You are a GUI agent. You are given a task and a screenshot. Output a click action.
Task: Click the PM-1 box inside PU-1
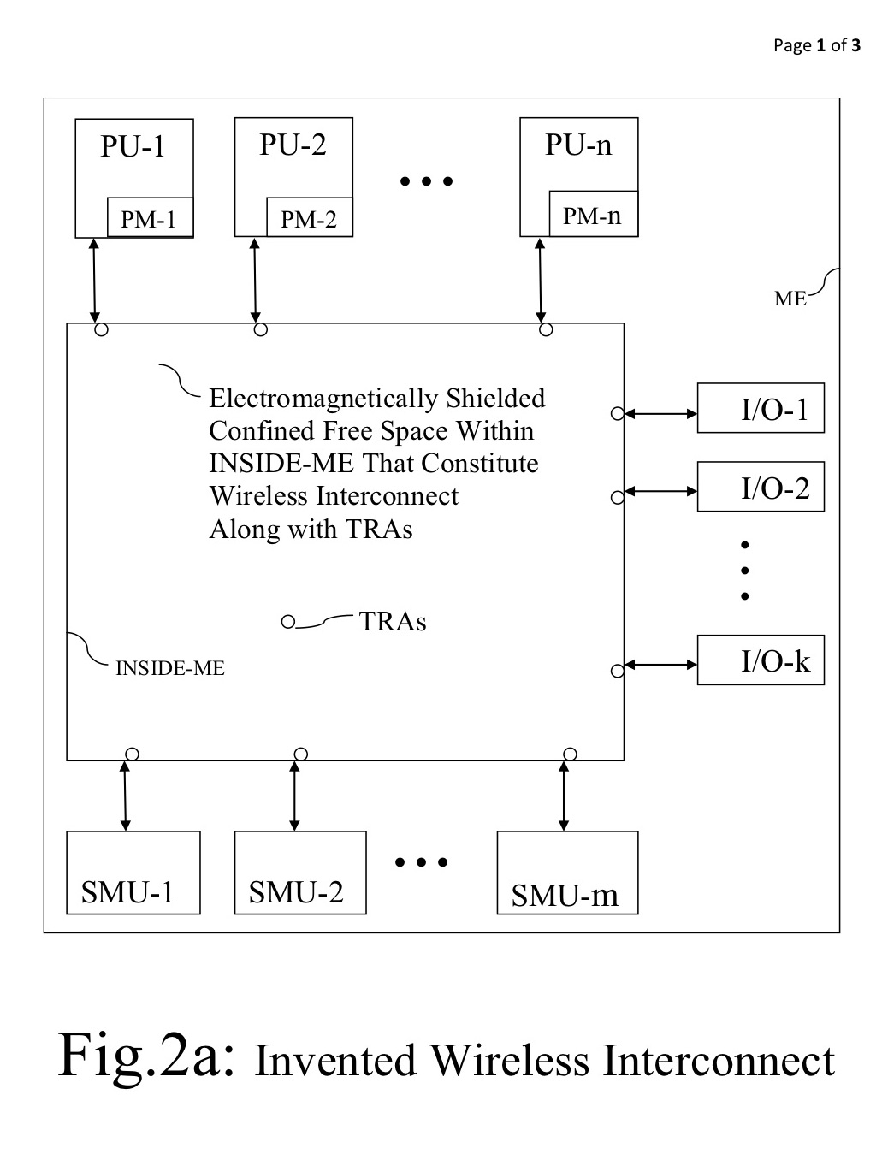click(x=150, y=218)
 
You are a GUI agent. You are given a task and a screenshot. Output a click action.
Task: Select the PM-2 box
click(x=309, y=218)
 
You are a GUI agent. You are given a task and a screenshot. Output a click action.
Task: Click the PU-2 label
click(x=293, y=145)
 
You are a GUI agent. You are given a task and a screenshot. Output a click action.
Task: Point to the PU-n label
click(x=578, y=145)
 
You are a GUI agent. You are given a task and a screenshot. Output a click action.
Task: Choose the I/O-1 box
click(x=761, y=408)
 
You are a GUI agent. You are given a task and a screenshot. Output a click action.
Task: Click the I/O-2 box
click(x=761, y=487)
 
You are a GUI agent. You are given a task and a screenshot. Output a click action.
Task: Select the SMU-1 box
click(x=133, y=873)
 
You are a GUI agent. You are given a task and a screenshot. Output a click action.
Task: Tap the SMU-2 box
click(x=300, y=873)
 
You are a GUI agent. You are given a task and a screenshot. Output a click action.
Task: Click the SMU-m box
click(x=567, y=873)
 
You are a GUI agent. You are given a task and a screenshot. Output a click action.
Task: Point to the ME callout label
click(x=790, y=299)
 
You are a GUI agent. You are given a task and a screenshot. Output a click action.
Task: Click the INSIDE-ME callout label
click(x=169, y=668)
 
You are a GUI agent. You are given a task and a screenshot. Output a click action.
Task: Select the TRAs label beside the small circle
click(x=393, y=621)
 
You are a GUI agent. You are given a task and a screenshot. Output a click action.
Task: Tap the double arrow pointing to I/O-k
click(x=660, y=665)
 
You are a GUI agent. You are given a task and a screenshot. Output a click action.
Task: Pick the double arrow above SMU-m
click(x=563, y=796)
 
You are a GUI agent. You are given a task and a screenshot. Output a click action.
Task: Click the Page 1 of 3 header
click(x=816, y=45)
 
